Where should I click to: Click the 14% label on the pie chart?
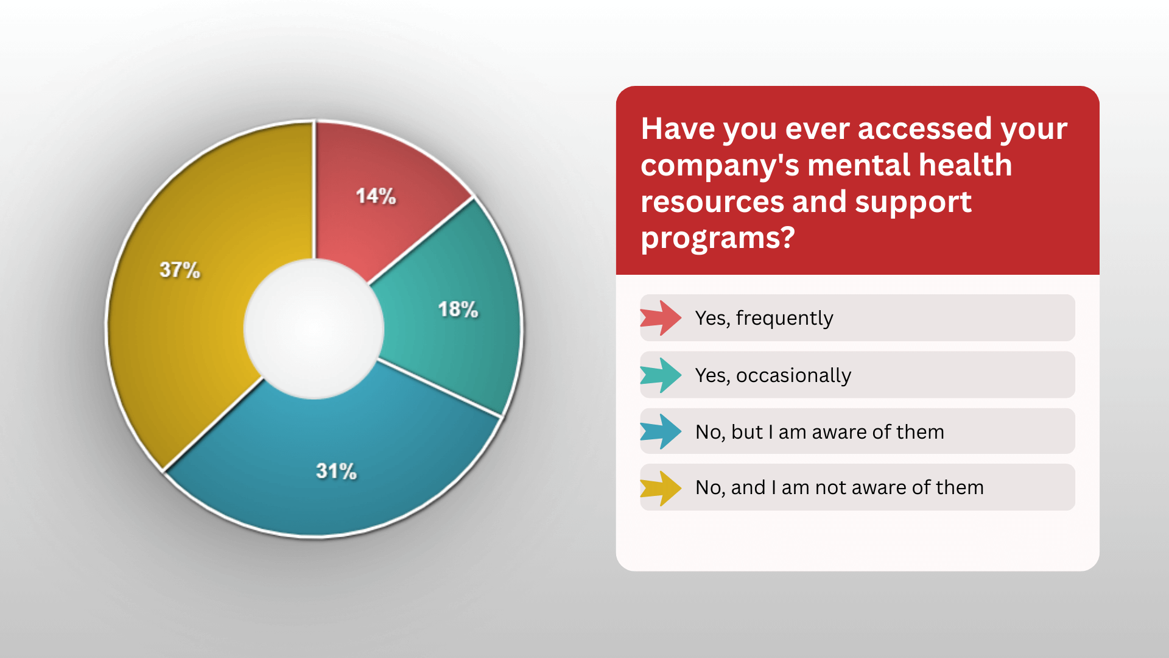pyautogui.click(x=376, y=196)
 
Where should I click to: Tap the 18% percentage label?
pyautogui.click(x=458, y=310)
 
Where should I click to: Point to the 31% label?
pyautogui.click(x=336, y=471)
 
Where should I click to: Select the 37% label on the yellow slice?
pyautogui.click(x=180, y=270)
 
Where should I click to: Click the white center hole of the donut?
pyautogui.click(x=314, y=329)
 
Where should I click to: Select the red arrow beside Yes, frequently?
pyautogui.click(x=661, y=318)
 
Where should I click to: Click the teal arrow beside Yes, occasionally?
pyautogui.click(x=661, y=375)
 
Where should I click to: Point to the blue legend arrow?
pyautogui.click(x=661, y=431)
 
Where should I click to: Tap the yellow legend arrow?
pyautogui.click(x=661, y=488)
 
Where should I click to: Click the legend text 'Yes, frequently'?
pyautogui.click(x=764, y=319)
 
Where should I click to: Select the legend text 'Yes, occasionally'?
pyautogui.click(x=773, y=375)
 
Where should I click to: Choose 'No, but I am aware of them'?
pyautogui.click(x=820, y=432)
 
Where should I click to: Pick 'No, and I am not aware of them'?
pyautogui.click(x=840, y=487)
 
